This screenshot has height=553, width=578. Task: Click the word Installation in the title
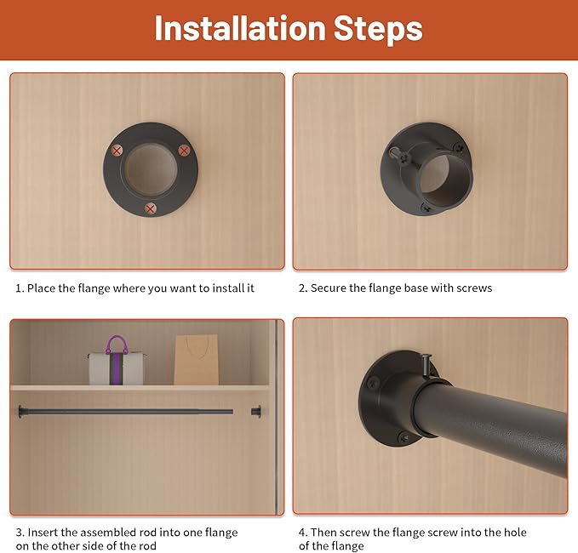click(240, 28)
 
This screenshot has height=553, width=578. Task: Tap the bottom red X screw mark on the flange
click(150, 209)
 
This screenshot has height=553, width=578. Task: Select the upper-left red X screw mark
click(117, 151)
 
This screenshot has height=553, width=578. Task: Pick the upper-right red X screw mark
click(184, 151)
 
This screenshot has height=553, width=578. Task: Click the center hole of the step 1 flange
click(151, 169)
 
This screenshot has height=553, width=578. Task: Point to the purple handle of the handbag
click(117, 345)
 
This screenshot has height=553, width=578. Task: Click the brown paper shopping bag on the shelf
click(196, 360)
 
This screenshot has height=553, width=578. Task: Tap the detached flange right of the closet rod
click(256, 412)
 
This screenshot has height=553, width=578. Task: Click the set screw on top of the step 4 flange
click(426, 365)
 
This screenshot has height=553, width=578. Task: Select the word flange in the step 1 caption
click(94, 288)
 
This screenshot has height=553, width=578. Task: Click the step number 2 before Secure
click(301, 288)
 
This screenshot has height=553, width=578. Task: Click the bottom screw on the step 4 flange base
click(404, 437)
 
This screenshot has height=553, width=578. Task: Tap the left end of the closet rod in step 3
click(20, 411)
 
